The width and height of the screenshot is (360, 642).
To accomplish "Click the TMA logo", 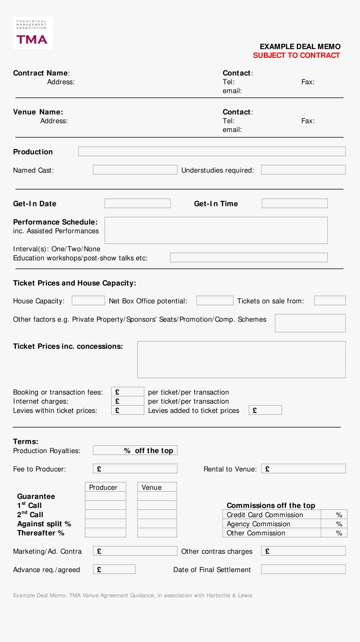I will [x=33, y=33].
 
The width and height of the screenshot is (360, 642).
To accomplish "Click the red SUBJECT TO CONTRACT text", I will [x=296, y=55].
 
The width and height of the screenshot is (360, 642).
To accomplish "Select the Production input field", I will [x=212, y=152].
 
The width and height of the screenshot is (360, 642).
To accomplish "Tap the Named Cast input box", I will [x=135, y=170].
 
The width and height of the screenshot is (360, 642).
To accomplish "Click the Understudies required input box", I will [x=303, y=170].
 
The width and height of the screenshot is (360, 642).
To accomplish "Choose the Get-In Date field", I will [x=137, y=204].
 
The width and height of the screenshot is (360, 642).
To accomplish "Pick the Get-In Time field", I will [x=294, y=204].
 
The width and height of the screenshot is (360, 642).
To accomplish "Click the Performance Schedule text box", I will [x=216, y=230].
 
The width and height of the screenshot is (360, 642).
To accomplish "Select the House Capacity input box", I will [x=88, y=301].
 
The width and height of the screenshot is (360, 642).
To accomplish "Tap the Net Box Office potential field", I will [x=214, y=301].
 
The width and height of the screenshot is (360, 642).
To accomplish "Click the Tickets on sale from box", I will [x=329, y=301].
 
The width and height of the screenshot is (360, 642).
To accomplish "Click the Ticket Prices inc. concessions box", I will [x=241, y=360].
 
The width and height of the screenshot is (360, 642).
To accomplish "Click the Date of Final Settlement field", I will [x=303, y=570].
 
